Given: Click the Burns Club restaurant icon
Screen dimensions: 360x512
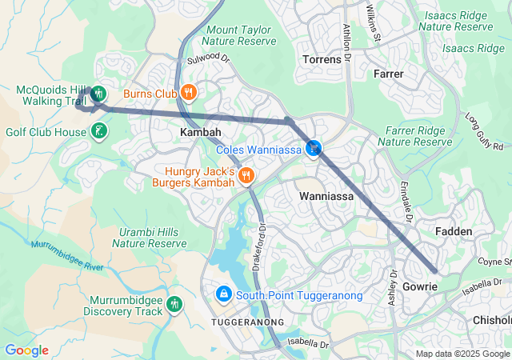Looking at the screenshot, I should click(189, 92).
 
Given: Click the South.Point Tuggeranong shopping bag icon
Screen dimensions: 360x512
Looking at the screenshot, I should click(224, 295).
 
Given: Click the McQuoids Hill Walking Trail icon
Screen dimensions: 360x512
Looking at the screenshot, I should click(98, 94).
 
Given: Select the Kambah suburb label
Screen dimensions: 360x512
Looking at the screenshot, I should click(200, 131).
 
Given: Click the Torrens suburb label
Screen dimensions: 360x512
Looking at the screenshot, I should click(322, 60).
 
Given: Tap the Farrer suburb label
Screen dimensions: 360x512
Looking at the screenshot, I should click(389, 74).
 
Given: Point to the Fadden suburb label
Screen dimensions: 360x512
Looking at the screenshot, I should click(454, 230).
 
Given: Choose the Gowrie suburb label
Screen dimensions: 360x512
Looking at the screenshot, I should click(420, 286).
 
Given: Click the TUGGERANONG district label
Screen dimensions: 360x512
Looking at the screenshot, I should click(247, 322).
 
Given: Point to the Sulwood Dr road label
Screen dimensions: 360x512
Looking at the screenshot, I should click(208, 59).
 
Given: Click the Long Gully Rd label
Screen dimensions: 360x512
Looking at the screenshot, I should click(487, 132).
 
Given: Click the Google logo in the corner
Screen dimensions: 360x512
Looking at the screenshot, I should click(26, 350).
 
